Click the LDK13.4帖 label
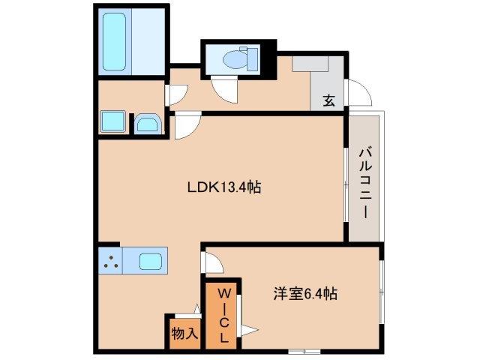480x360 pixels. pyautogui.click(x=223, y=189)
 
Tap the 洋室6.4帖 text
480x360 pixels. pyautogui.click(x=304, y=294)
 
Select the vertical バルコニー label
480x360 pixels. pyautogui.click(x=364, y=181)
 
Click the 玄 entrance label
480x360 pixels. pyautogui.click(x=328, y=100)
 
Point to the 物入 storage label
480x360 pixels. pyautogui.click(x=184, y=332)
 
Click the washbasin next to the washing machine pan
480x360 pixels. pyautogui.click(x=145, y=124)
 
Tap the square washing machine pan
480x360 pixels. pyautogui.click(x=114, y=122)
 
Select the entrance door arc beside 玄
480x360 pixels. pyautogui.click(x=358, y=93)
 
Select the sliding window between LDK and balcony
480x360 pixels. pyautogui.click(x=346, y=184)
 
